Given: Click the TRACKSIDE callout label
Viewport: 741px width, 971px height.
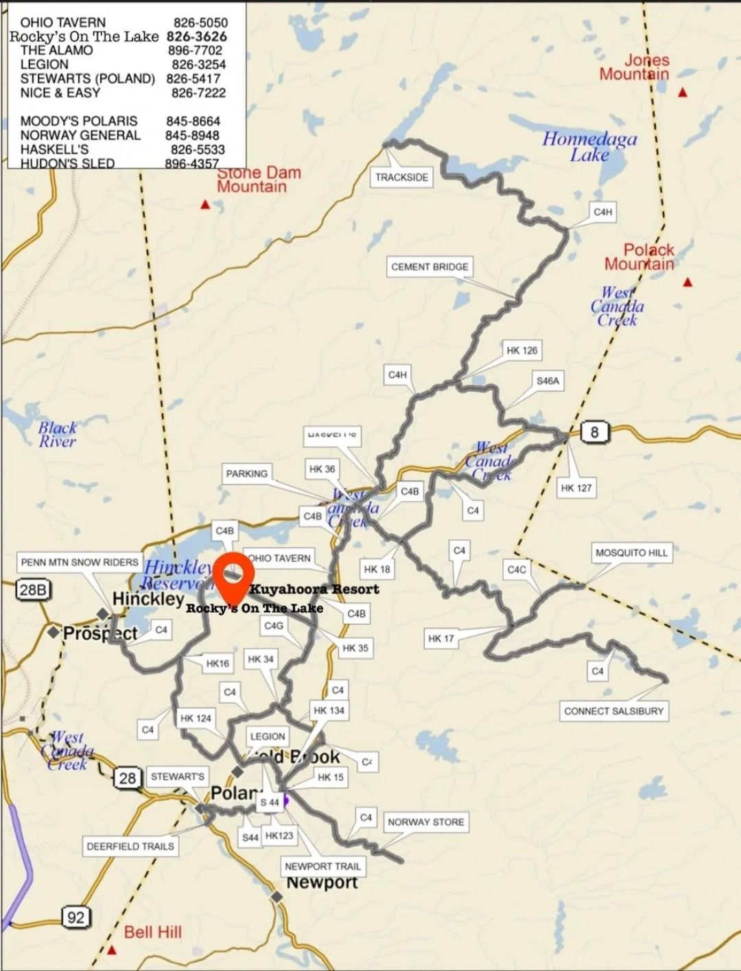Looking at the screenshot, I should point(401,177).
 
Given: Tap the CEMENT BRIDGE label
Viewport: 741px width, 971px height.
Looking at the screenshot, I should point(430,266).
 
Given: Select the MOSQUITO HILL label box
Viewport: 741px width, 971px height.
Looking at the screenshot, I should point(631,552).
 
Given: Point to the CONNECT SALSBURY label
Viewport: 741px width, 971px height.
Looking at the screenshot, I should point(613,711).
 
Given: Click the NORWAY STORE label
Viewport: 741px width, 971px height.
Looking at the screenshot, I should point(425,821).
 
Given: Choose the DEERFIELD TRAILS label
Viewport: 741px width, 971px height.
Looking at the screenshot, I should point(130,846).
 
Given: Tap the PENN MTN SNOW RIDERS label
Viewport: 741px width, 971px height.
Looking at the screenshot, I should point(80,562).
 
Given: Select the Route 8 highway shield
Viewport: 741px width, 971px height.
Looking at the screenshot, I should point(594,432).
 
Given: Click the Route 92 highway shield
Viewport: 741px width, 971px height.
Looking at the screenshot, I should point(75,916).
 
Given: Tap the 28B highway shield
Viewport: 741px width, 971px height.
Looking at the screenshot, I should point(34,589).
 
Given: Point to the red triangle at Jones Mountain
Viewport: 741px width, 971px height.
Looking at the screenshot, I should point(683,93).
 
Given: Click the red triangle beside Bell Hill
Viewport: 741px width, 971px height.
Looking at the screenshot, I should point(112,950).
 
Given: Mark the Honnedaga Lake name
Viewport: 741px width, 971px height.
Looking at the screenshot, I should point(589,147).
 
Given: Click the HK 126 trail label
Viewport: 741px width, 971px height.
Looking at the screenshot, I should point(521,350).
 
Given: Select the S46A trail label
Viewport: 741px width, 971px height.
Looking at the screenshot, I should point(548,380).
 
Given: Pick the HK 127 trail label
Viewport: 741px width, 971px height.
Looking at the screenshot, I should point(576,488).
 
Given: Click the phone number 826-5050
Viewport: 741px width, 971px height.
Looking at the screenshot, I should point(200,23).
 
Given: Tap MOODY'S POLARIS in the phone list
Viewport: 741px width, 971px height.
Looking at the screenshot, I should point(79,121).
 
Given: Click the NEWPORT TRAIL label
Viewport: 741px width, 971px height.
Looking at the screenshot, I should point(322,866).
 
